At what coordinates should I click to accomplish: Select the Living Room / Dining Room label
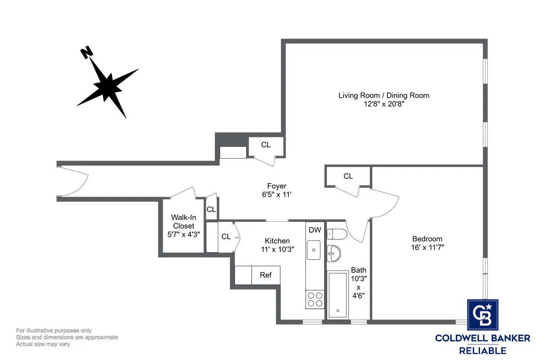[x=383, y=95]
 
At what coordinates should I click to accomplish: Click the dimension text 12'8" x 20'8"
[x=383, y=104]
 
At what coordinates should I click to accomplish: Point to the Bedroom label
[x=427, y=239]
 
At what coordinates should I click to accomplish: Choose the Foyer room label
[x=276, y=186]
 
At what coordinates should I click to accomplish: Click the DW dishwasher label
[x=315, y=230]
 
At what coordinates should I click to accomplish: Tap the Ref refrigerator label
[x=265, y=274]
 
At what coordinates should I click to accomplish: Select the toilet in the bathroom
[x=336, y=234]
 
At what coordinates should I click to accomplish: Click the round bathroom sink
[x=334, y=253]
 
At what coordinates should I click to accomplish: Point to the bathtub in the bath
[x=337, y=295]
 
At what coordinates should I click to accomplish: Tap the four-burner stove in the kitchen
[x=315, y=300]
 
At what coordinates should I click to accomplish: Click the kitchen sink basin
[x=314, y=250]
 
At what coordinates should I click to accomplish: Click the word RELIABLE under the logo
[x=482, y=351]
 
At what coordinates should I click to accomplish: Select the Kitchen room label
[x=277, y=241]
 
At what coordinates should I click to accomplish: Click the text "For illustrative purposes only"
[x=54, y=330]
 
